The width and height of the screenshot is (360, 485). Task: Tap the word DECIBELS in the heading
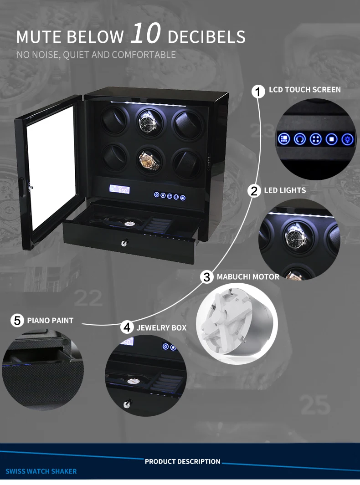206,36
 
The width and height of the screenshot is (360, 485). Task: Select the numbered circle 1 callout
258,92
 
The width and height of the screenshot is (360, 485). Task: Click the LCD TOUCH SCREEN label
304,90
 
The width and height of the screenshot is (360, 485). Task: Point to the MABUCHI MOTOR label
248,276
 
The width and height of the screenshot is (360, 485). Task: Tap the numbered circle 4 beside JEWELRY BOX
128,327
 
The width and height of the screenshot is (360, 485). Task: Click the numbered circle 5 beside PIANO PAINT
17,321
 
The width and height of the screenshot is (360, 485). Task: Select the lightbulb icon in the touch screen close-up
347,138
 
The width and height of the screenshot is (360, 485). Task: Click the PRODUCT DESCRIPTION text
182,462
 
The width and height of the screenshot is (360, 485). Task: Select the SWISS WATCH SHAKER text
41,471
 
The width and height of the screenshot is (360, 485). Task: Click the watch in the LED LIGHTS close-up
295,235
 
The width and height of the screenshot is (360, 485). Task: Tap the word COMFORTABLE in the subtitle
144,55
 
